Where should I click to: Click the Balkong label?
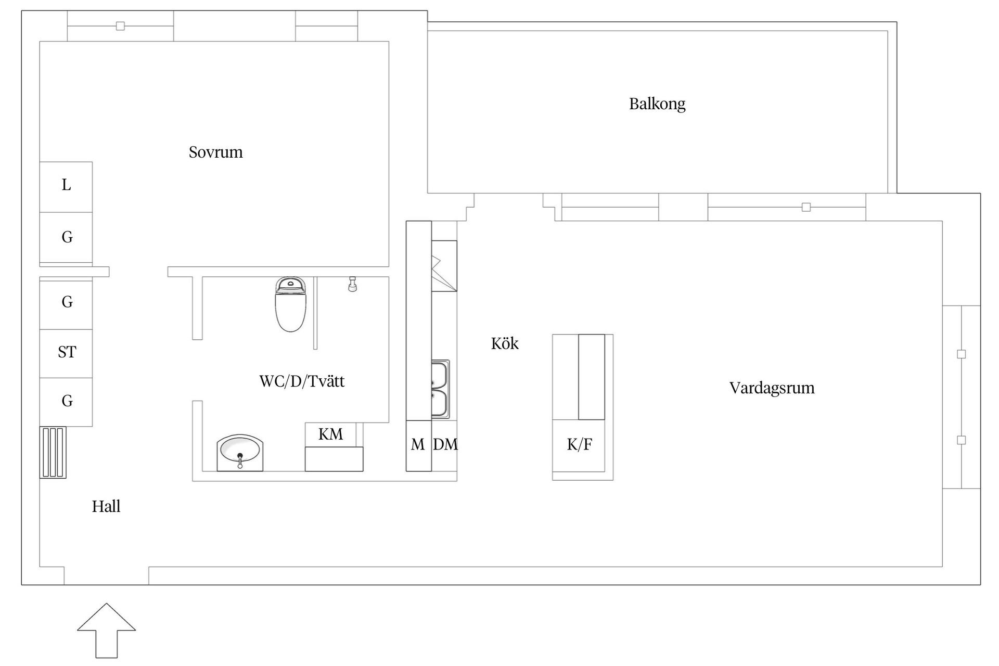click(657, 104)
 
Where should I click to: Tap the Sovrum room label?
click(215, 152)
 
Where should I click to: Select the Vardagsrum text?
click(772, 388)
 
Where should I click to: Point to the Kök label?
click(505, 343)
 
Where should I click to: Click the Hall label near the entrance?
click(106, 506)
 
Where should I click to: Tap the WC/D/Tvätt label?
click(302, 381)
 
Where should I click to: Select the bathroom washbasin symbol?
click(240, 452)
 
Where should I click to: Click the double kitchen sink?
click(440, 389)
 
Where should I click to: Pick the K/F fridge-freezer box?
click(579, 445)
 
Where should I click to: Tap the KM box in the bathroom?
click(330, 434)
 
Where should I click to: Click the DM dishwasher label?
click(445, 444)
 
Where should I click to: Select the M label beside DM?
click(418, 445)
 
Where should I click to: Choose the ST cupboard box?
click(66, 353)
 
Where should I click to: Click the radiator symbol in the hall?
click(53, 452)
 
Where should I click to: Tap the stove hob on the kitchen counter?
click(444, 266)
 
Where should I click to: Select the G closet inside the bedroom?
click(66, 237)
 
